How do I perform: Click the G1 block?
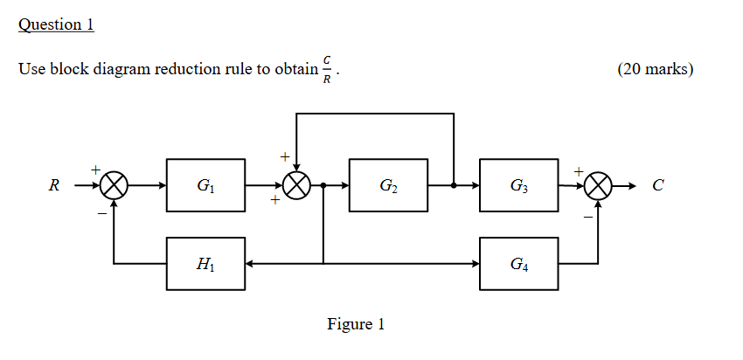click(x=205, y=185)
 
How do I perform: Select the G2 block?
click(x=388, y=185)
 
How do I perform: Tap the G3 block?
click(x=518, y=185)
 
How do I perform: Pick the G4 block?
click(x=518, y=263)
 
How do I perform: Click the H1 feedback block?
click(x=205, y=263)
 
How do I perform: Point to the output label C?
click(x=658, y=185)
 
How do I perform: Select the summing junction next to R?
click(x=115, y=185)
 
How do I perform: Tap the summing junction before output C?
click(x=599, y=185)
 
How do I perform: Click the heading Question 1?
click(x=56, y=24)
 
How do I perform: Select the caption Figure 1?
click(x=356, y=324)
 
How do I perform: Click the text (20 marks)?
click(x=655, y=69)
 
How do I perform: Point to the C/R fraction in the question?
click(x=327, y=69)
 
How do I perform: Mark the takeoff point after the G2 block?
click(x=454, y=185)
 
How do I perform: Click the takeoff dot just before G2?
click(x=324, y=185)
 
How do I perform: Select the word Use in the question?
click(x=31, y=69)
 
